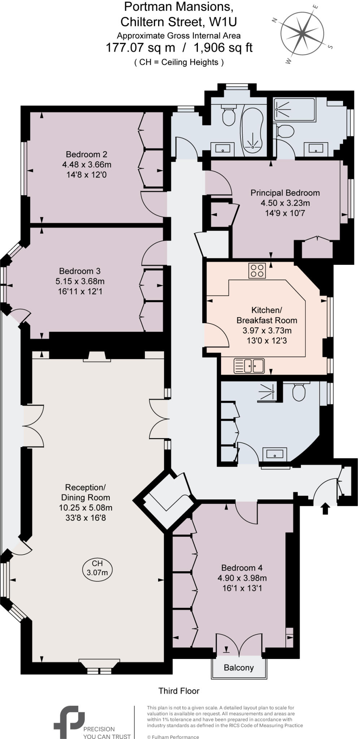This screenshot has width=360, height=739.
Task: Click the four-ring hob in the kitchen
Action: tap(257, 271)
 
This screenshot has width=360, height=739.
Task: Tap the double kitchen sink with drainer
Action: tap(249, 366)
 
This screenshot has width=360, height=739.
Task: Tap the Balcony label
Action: tap(239, 668)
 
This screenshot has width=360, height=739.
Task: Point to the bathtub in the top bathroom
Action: tap(252, 132)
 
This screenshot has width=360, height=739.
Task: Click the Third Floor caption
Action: tap(179, 691)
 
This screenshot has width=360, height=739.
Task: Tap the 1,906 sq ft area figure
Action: tap(223, 48)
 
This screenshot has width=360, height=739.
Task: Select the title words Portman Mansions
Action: tap(178, 6)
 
